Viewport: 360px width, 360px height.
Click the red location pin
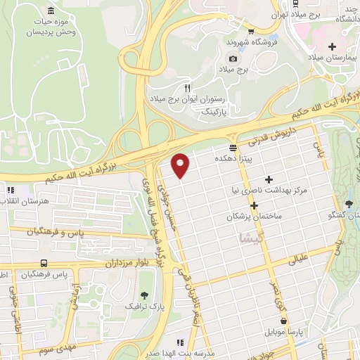click(181, 165)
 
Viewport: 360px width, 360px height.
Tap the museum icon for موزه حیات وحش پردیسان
click(51, 11)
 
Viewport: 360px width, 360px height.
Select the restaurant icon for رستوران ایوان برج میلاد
click(186, 89)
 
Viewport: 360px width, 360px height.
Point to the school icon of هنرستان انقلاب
click(10, 190)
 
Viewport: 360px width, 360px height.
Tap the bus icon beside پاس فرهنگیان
click(44, 263)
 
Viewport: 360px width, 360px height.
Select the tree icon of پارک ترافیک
click(145, 295)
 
